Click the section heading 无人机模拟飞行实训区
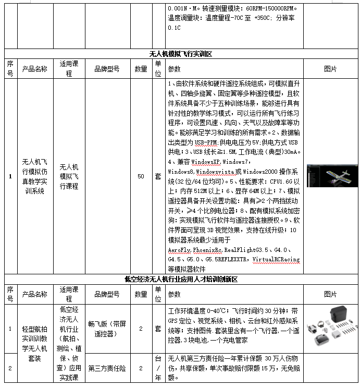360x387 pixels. click(180, 54)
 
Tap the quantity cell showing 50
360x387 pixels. click(141, 177)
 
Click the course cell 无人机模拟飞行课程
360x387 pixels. click(68, 176)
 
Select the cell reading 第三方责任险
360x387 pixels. click(107, 368)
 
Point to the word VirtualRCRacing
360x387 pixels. click(276, 259)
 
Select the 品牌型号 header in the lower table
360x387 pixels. click(107, 294)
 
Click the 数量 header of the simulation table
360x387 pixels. click(141, 69)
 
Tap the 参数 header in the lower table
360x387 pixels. click(174, 294)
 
